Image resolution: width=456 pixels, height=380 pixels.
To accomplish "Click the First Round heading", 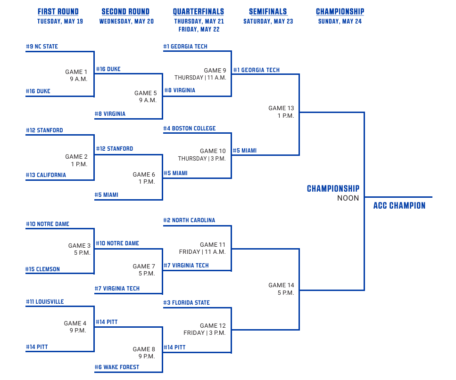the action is pyautogui.click(x=58, y=12).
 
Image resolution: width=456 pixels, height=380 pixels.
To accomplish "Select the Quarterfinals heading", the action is pyautogui.click(x=199, y=12).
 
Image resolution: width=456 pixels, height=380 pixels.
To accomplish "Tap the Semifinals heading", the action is pyautogui.click(x=268, y=12).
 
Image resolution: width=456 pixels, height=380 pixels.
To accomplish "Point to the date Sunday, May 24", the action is pyautogui.click(x=340, y=22).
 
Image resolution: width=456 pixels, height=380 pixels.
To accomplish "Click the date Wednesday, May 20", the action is pyautogui.click(x=126, y=22).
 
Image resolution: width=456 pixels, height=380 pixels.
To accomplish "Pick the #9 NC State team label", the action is pyautogui.click(x=42, y=47).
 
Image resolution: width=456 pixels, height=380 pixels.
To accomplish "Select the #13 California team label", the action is pyautogui.click(x=46, y=175).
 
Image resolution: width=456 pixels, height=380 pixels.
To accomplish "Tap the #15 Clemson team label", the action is pyautogui.click(x=42, y=269).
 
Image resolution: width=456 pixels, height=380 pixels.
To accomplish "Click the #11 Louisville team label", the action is pyautogui.click(x=45, y=302).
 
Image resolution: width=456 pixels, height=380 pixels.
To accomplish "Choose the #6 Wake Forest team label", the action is pyautogui.click(x=117, y=367).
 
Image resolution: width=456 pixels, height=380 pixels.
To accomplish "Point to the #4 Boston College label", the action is pyautogui.click(x=189, y=128).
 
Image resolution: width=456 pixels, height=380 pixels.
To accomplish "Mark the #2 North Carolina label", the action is pyautogui.click(x=189, y=220).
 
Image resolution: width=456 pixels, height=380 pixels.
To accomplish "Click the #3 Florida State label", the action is pyautogui.click(x=186, y=303).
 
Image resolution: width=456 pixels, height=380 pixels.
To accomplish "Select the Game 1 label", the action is pyautogui.click(x=76, y=72).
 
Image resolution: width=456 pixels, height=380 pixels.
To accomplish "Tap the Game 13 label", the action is pyautogui.click(x=281, y=108).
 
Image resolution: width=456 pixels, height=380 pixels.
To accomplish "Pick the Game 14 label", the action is pyautogui.click(x=281, y=285).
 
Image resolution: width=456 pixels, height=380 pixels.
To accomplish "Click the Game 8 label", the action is pyautogui.click(x=144, y=349).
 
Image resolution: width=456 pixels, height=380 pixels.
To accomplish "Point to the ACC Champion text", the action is pyautogui.click(x=399, y=206).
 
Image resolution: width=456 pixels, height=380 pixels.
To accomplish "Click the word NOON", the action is pyautogui.click(x=348, y=198).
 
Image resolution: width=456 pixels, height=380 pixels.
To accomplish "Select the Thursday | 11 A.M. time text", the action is pyautogui.click(x=200, y=78).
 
